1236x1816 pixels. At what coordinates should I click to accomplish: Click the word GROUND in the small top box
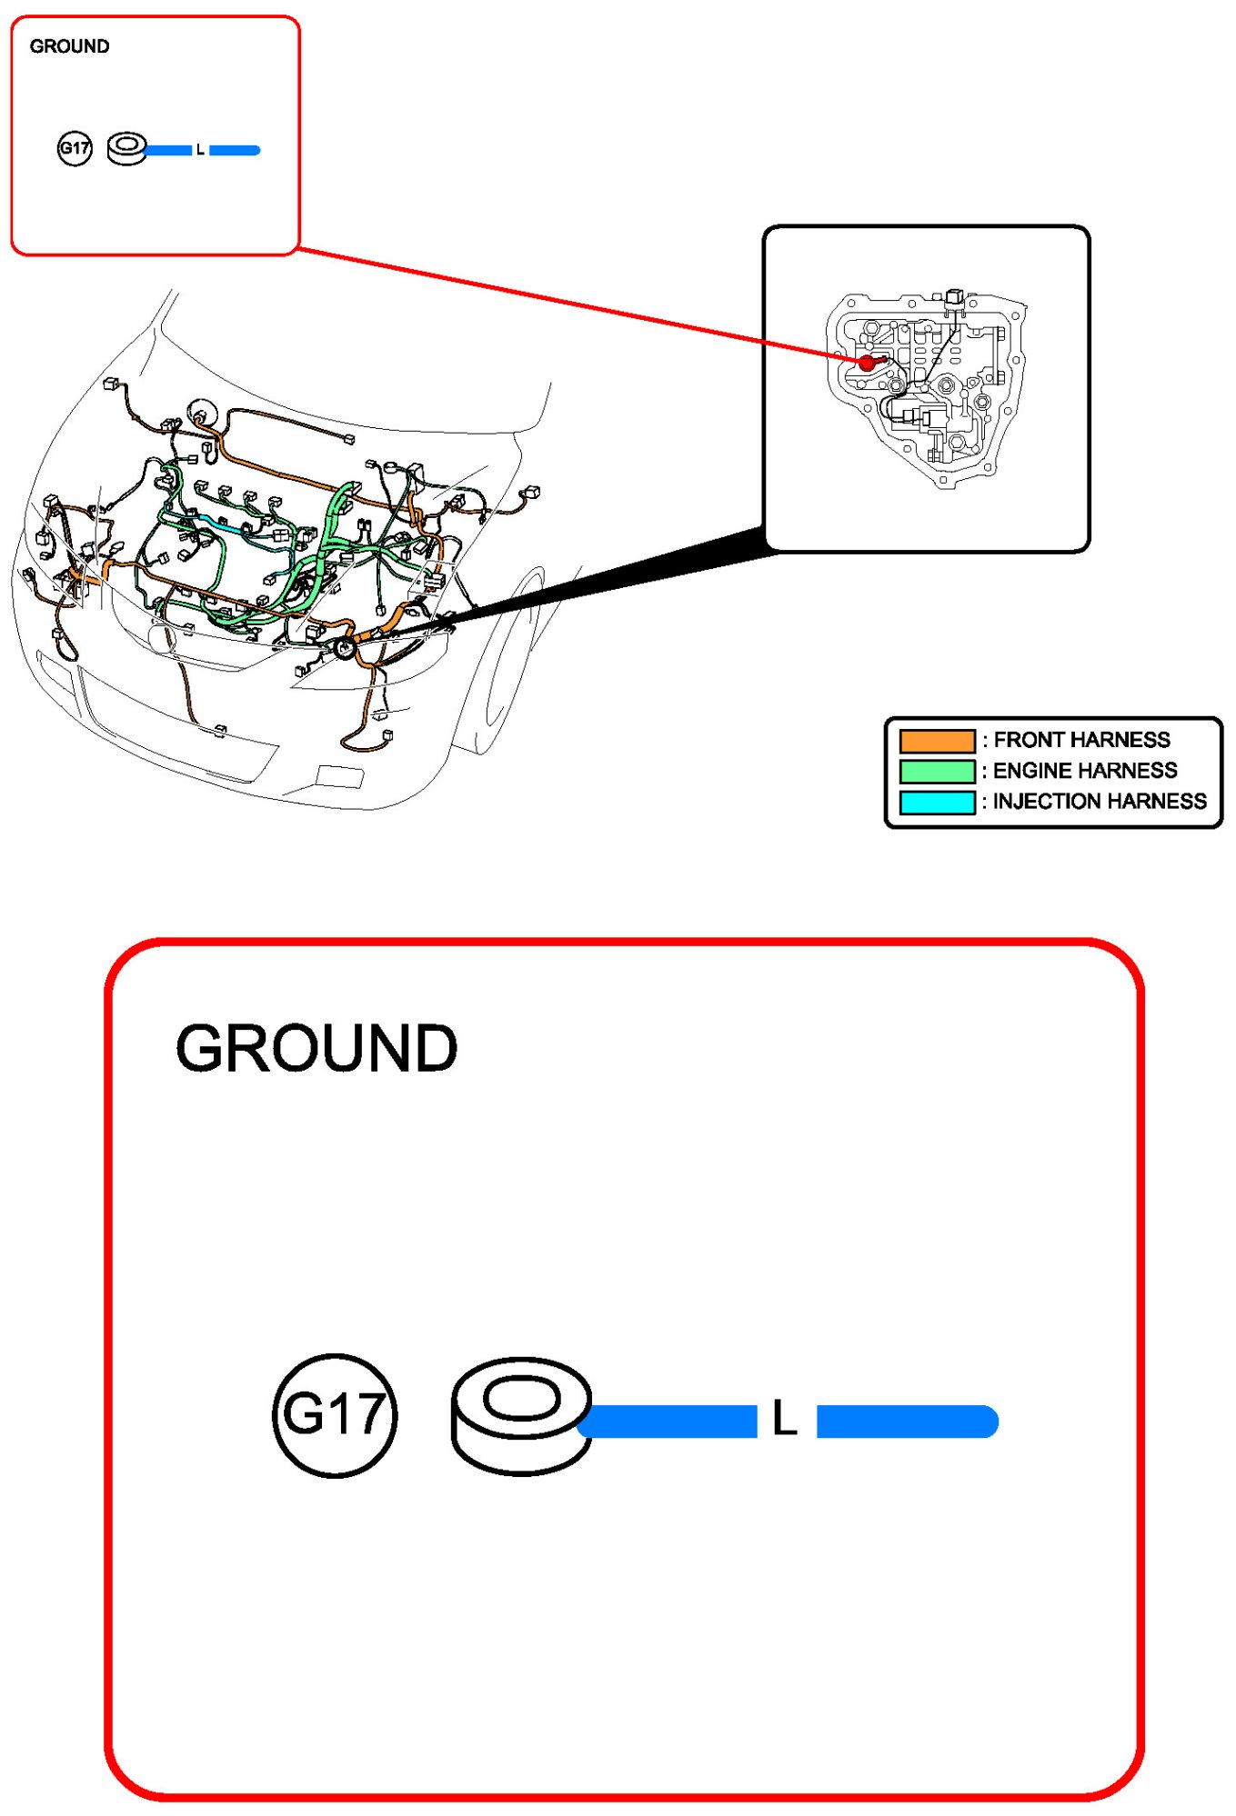(x=69, y=46)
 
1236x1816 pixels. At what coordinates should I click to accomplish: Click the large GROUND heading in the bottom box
(x=316, y=1048)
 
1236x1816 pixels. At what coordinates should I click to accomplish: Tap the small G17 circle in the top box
(x=75, y=148)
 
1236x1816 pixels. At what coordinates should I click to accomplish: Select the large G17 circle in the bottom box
(x=335, y=1414)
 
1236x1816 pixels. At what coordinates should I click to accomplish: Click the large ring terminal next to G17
(x=520, y=1414)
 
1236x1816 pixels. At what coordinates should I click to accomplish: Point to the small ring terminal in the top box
(x=126, y=148)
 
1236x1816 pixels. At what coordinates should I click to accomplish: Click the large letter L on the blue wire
(x=784, y=1418)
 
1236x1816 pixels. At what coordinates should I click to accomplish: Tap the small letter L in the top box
(x=200, y=150)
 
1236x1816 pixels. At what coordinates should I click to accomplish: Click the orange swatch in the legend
(x=937, y=740)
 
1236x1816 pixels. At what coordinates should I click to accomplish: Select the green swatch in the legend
(x=937, y=771)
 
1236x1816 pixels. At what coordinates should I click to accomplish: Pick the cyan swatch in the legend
(x=937, y=802)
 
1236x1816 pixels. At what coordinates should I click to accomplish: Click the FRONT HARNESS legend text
(x=1081, y=740)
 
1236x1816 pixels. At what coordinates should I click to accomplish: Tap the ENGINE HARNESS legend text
(x=1085, y=771)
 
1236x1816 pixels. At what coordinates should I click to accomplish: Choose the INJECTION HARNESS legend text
(x=1100, y=802)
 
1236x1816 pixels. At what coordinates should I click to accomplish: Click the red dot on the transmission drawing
(x=867, y=363)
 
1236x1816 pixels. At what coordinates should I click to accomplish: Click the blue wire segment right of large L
(x=906, y=1421)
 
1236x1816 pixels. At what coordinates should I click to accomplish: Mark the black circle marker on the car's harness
(x=345, y=648)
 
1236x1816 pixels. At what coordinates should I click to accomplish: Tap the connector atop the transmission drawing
(x=953, y=297)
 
